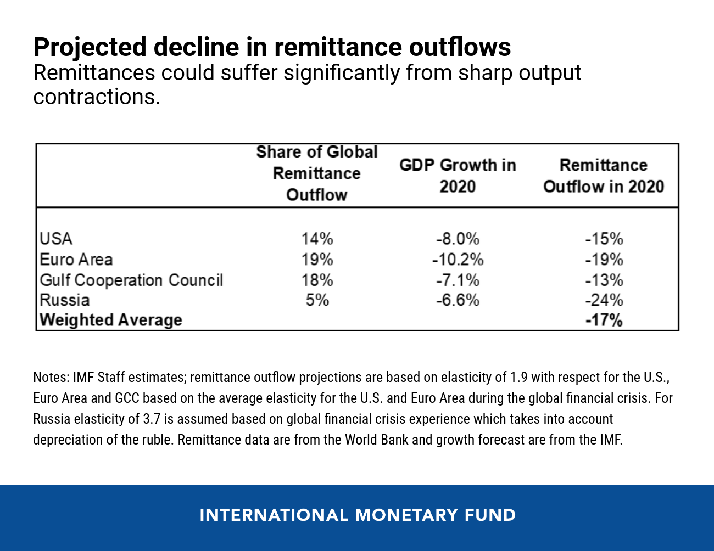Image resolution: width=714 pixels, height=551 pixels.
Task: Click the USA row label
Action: [x=56, y=239]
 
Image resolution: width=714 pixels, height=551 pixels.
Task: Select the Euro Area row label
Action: [x=76, y=260]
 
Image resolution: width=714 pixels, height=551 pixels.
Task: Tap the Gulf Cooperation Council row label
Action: [x=131, y=280]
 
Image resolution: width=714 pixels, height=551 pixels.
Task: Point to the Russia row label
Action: [x=65, y=300]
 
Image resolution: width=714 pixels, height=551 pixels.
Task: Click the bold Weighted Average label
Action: [x=111, y=320]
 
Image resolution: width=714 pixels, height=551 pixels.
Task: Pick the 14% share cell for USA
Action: [x=317, y=239]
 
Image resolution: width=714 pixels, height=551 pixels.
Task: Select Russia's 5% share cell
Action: [x=317, y=300]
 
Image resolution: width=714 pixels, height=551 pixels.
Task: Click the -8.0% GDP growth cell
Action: [x=458, y=239]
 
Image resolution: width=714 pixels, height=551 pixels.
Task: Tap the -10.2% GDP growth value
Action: [x=458, y=260]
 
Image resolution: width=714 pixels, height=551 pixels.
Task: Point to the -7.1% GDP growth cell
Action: [x=458, y=280]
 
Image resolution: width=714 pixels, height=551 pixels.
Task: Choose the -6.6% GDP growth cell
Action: [x=458, y=300]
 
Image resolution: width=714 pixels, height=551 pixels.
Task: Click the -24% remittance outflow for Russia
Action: [x=604, y=300]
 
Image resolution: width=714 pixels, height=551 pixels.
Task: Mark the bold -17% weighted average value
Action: [x=604, y=320]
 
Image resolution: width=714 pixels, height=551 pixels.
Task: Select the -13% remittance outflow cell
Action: [x=604, y=280]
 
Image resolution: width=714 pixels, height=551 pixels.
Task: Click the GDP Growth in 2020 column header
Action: [x=458, y=176]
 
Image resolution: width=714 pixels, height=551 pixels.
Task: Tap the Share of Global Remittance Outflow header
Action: [x=317, y=173]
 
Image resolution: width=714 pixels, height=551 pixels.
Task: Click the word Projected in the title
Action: [x=90, y=48]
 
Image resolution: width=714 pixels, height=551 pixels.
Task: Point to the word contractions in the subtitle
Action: [x=97, y=97]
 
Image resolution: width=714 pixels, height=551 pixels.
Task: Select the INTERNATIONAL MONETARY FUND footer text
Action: [x=358, y=515]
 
